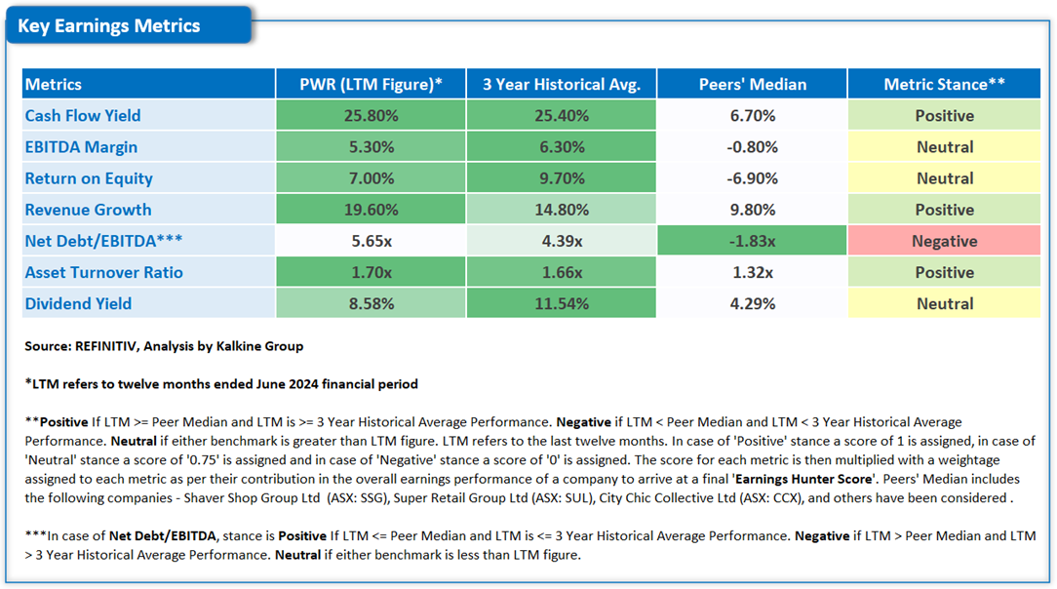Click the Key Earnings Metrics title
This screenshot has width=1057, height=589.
point(109,26)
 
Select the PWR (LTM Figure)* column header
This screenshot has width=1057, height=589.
point(371,84)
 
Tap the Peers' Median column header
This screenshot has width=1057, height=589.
point(752,84)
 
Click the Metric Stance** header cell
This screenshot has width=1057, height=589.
point(944,84)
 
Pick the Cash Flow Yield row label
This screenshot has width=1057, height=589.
point(83,115)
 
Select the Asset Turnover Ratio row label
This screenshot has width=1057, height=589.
point(103,272)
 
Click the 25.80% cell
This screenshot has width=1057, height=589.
point(371,115)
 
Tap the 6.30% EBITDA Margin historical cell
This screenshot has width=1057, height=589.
point(562,147)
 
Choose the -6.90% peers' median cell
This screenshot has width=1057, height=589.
point(752,178)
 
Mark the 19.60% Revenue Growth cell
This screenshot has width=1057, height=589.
point(371,210)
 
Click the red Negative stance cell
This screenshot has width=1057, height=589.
point(944,241)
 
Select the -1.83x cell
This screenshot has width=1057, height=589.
point(752,241)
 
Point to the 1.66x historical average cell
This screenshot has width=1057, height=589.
point(562,272)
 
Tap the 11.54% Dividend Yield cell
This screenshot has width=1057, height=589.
point(562,303)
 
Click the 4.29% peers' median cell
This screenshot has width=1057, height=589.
point(752,303)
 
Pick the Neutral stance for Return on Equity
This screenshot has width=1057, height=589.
point(944,178)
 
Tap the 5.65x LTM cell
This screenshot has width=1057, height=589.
point(371,241)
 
